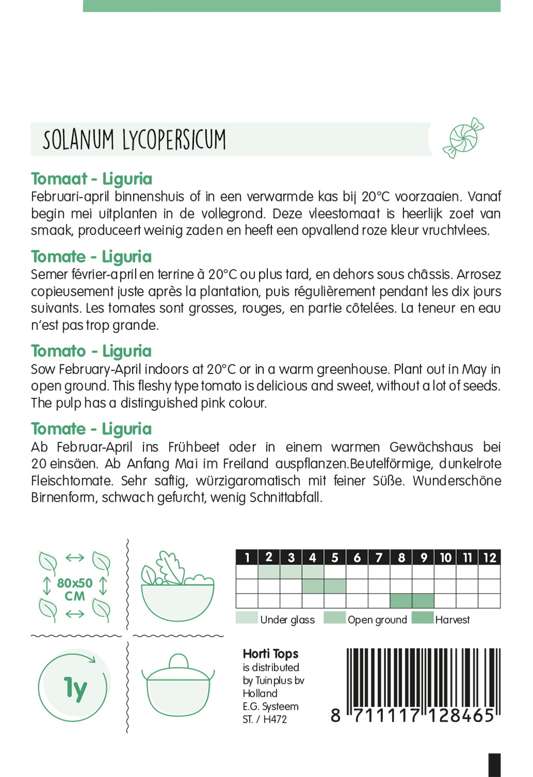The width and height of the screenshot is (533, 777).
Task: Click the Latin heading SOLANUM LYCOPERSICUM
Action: click(x=134, y=139)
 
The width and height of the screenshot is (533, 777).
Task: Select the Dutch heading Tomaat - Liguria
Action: click(x=92, y=179)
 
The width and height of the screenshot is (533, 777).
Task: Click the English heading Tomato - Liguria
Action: click(x=91, y=351)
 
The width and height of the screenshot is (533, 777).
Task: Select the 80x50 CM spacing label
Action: click(x=75, y=589)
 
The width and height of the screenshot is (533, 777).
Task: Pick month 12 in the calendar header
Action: click(x=489, y=557)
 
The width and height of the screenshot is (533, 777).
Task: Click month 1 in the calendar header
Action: click(x=247, y=557)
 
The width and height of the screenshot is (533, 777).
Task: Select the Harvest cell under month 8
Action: click(x=401, y=601)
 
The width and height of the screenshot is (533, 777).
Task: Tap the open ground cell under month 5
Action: click(x=335, y=586)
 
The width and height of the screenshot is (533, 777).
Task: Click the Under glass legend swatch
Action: click(x=247, y=618)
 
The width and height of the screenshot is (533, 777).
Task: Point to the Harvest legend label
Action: click(x=452, y=620)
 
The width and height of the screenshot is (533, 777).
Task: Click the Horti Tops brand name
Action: click(x=270, y=654)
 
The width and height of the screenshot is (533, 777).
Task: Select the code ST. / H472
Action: click(x=265, y=719)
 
